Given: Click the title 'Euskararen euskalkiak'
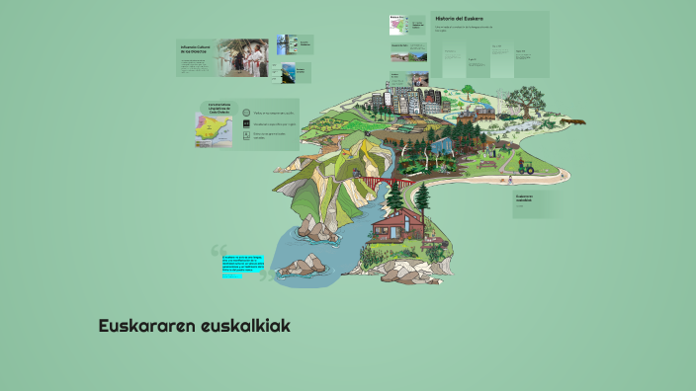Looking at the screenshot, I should pos(194,325).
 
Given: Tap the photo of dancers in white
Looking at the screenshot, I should pos(243,57).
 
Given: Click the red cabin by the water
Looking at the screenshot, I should pos(400,228).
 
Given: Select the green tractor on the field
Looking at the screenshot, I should pos(525,168).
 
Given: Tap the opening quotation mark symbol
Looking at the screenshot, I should pos(219,256).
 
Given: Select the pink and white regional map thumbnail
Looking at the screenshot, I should pos(399,30).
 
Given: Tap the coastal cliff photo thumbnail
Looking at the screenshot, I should pos(287,73).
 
